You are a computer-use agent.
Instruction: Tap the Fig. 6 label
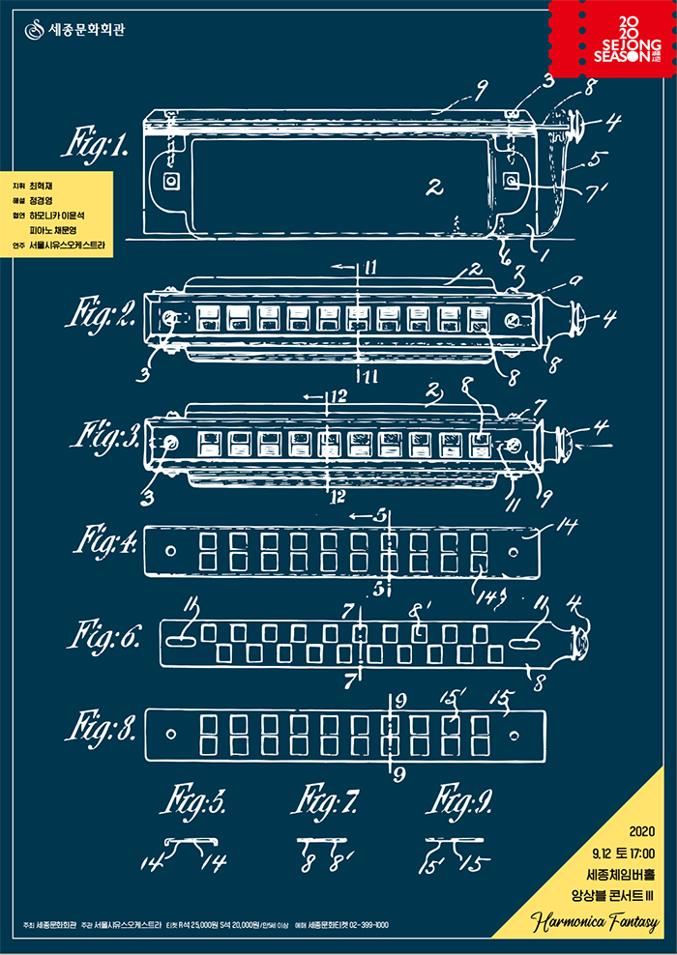click(104, 638)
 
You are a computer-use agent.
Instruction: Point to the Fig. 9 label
click(462, 801)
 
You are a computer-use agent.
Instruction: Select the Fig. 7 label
click(326, 801)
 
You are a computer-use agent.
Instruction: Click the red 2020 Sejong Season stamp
click(610, 43)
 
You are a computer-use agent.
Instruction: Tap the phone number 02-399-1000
click(362, 925)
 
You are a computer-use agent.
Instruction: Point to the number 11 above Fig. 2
click(370, 267)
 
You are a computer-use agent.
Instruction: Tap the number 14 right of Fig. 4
click(566, 527)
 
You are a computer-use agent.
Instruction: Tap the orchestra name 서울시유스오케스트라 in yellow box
click(72, 246)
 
